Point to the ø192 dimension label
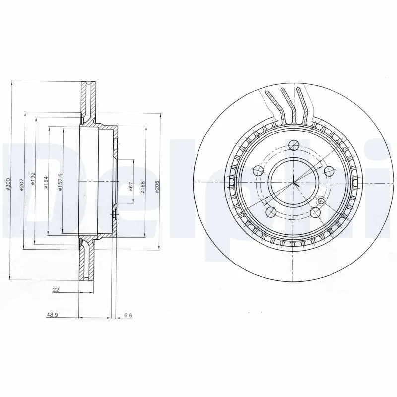pyautogui.click(x=33, y=179)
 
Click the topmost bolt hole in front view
pyautogui.click(x=294, y=145)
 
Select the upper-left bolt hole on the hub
pyautogui.click(x=258, y=171)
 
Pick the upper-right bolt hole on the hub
pyautogui.click(x=328, y=171)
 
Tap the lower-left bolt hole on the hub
pyautogui.click(x=270, y=212)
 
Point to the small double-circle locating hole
pyautogui.click(x=321, y=201)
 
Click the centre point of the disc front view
pyautogui.click(x=293, y=182)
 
